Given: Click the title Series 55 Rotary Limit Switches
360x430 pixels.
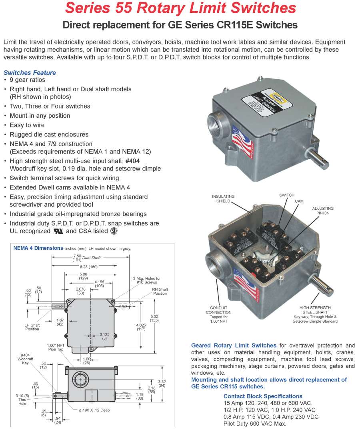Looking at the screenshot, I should [x=180, y=8].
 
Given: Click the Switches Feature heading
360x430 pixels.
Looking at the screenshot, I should [x=30, y=72].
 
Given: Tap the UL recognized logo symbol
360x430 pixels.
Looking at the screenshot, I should [x=58, y=231].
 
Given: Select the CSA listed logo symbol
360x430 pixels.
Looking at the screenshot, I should [x=114, y=231].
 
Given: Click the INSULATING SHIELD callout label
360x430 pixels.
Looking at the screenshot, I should [x=223, y=199].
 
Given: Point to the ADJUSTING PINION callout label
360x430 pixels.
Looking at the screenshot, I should [x=323, y=211].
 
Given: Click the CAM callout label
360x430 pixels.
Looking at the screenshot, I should [x=299, y=201].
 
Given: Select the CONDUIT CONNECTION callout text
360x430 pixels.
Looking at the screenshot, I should [x=218, y=312].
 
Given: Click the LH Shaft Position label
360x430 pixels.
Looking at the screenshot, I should [x=32, y=327].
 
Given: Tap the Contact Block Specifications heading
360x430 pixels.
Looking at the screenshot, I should [x=263, y=396].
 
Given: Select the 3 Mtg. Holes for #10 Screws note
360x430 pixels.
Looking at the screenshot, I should [x=147, y=281].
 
